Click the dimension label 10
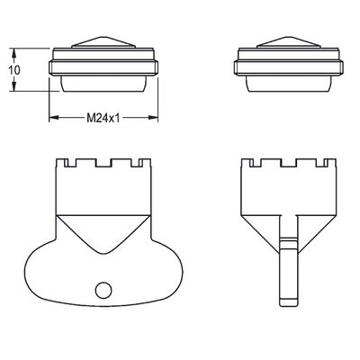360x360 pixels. click(14, 70)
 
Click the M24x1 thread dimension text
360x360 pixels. click(103, 118)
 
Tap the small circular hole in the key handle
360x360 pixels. click(103, 291)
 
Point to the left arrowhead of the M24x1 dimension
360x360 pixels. click(53, 118)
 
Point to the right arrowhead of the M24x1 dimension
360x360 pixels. click(153, 118)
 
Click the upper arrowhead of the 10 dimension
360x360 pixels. click(13, 53)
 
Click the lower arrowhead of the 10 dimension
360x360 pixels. click(13, 86)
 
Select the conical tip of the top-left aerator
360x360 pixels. click(103, 42)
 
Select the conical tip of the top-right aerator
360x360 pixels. click(289, 42)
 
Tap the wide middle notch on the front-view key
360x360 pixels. click(103, 163)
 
